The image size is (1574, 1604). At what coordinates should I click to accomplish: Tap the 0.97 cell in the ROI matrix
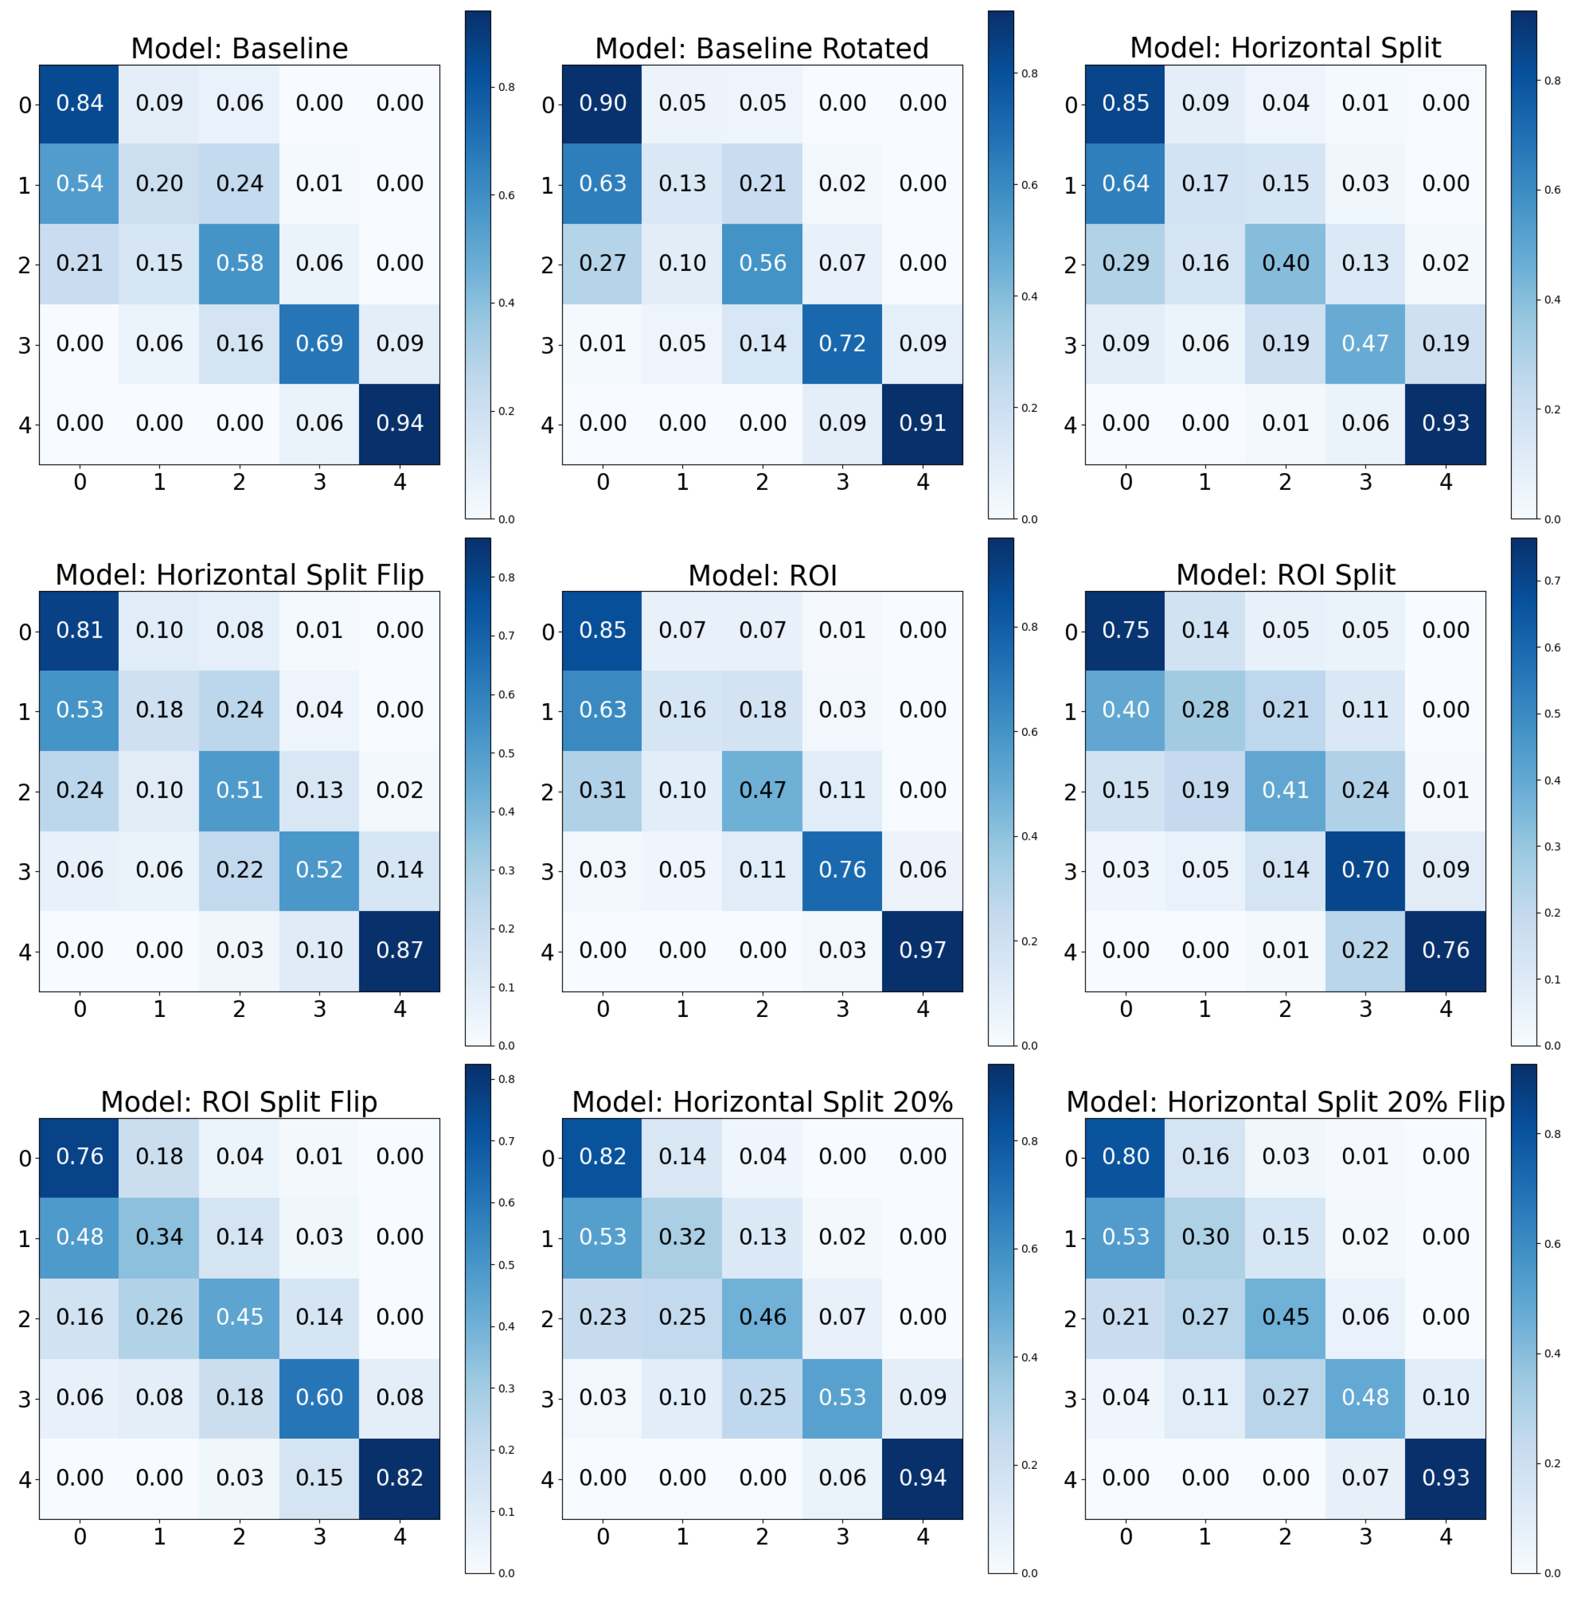pos(922,950)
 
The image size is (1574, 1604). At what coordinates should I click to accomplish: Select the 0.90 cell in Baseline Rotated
pos(602,103)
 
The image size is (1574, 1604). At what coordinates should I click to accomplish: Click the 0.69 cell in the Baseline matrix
pos(319,343)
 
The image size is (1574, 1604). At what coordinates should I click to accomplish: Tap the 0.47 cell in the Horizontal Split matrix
pos(1365,343)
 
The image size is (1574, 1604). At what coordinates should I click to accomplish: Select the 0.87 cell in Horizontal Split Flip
pos(399,950)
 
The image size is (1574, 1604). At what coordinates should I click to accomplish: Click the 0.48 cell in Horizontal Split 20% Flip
pos(1365,1397)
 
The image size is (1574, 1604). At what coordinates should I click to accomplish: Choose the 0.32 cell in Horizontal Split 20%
pos(682,1237)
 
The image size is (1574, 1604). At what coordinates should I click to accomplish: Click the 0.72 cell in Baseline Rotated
pos(842,343)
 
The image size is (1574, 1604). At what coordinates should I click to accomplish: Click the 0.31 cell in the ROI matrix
pos(602,790)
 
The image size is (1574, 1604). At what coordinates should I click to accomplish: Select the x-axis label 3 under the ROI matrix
pos(842,1009)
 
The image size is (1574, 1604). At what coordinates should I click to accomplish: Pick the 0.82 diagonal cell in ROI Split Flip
pos(399,1478)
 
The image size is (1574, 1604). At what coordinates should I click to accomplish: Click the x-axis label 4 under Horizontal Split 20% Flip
pos(1445,1536)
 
